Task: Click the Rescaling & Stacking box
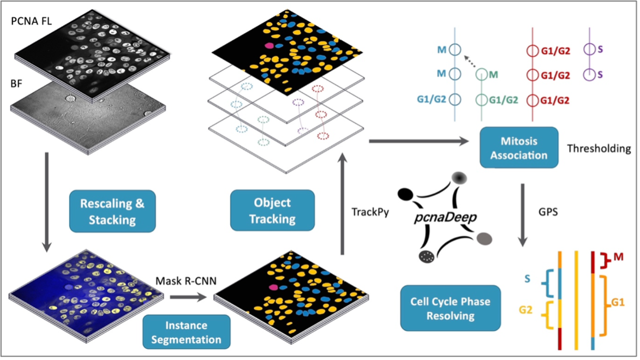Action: [x=112, y=211]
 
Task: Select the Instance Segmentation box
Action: [x=186, y=332]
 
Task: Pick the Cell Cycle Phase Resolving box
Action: [x=450, y=308]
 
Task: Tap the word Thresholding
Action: [x=598, y=148]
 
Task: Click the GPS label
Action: [x=548, y=211]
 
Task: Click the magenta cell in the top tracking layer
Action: [x=269, y=47]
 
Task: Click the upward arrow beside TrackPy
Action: [x=342, y=207]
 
